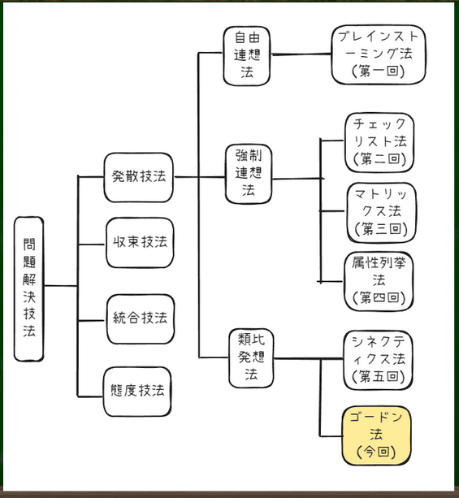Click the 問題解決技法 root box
[x=29, y=288]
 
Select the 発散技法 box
[x=139, y=177]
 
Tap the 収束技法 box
[x=140, y=243]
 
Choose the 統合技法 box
[x=141, y=319]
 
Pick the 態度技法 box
[x=137, y=392]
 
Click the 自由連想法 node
[x=247, y=56]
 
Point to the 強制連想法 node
[x=249, y=174]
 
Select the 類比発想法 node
[x=251, y=358]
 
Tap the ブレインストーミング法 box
[x=379, y=54]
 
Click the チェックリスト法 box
[x=379, y=143]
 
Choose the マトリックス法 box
[x=381, y=213]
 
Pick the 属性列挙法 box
[x=379, y=281]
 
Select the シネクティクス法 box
[x=378, y=360]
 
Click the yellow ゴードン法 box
[x=376, y=435]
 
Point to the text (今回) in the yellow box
[x=376, y=452]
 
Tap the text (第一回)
[x=379, y=71]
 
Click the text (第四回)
[x=379, y=297]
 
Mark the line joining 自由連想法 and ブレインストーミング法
[x=301, y=54]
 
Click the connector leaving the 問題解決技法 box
[x=60, y=286]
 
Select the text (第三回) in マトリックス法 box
[x=381, y=228]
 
